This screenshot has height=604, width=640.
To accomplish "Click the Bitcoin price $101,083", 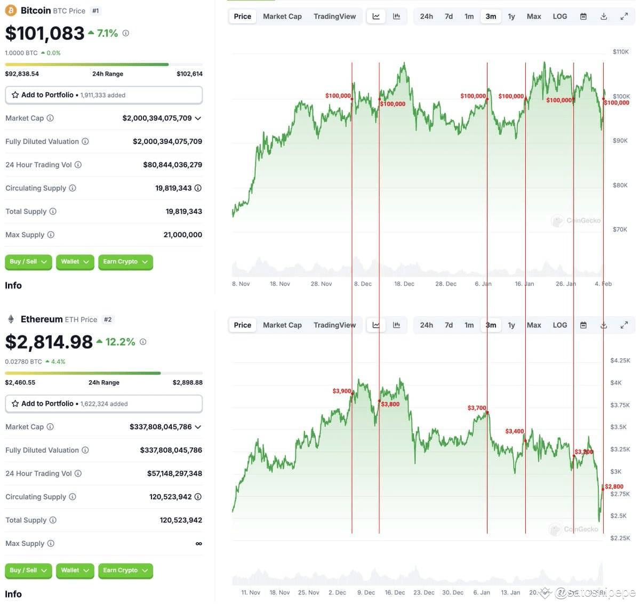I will tap(45, 34).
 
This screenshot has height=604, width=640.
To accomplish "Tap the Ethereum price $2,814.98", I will tap(49, 342).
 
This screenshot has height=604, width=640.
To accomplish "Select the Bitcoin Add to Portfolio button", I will tap(103, 95).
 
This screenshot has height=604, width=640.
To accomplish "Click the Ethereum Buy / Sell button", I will tap(28, 570).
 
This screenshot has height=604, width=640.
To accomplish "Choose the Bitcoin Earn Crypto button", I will tap(125, 262).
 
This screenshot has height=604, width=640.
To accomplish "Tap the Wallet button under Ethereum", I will tap(75, 570).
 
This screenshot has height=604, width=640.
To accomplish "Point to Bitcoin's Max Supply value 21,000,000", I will tap(182, 235).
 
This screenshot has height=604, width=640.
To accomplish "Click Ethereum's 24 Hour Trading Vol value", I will tap(174, 473).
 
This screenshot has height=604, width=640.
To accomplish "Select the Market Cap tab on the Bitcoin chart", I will tap(282, 17).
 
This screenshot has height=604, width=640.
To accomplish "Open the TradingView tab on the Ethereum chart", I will tap(334, 325).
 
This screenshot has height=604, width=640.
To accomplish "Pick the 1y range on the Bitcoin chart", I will tap(511, 17).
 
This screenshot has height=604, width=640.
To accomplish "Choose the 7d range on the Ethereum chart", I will tap(449, 325).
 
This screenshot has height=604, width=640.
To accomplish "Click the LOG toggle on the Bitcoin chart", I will tap(559, 17).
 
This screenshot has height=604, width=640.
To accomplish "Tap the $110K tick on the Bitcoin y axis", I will tap(620, 52).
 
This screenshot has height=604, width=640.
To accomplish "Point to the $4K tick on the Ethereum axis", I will tap(615, 383).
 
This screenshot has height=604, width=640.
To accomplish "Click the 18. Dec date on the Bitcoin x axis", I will tap(404, 284).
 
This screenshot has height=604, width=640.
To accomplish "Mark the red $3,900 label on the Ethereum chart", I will tap(342, 391).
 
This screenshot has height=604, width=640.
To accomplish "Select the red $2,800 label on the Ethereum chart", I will tap(614, 487).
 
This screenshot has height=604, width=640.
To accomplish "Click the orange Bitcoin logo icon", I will tap(10, 11).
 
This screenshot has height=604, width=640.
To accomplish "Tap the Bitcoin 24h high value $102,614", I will tap(189, 74).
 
